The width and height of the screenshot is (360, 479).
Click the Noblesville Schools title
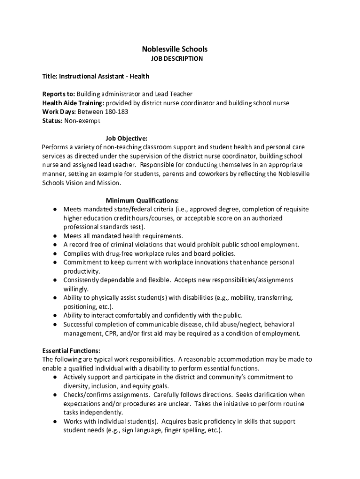click(175, 49)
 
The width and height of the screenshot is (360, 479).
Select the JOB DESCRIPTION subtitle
click(177, 59)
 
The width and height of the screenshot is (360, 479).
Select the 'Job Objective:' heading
click(126, 138)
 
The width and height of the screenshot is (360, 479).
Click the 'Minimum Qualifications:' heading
click(142, 201)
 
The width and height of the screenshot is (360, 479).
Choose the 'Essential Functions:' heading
click(71, 350)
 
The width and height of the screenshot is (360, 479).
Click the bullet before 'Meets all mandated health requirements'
click(55, 236)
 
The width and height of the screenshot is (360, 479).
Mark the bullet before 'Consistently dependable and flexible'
click(55, 280)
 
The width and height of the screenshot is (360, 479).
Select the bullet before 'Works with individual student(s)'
click(55, 421)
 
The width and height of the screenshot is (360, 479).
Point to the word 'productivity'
click(81, 271)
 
